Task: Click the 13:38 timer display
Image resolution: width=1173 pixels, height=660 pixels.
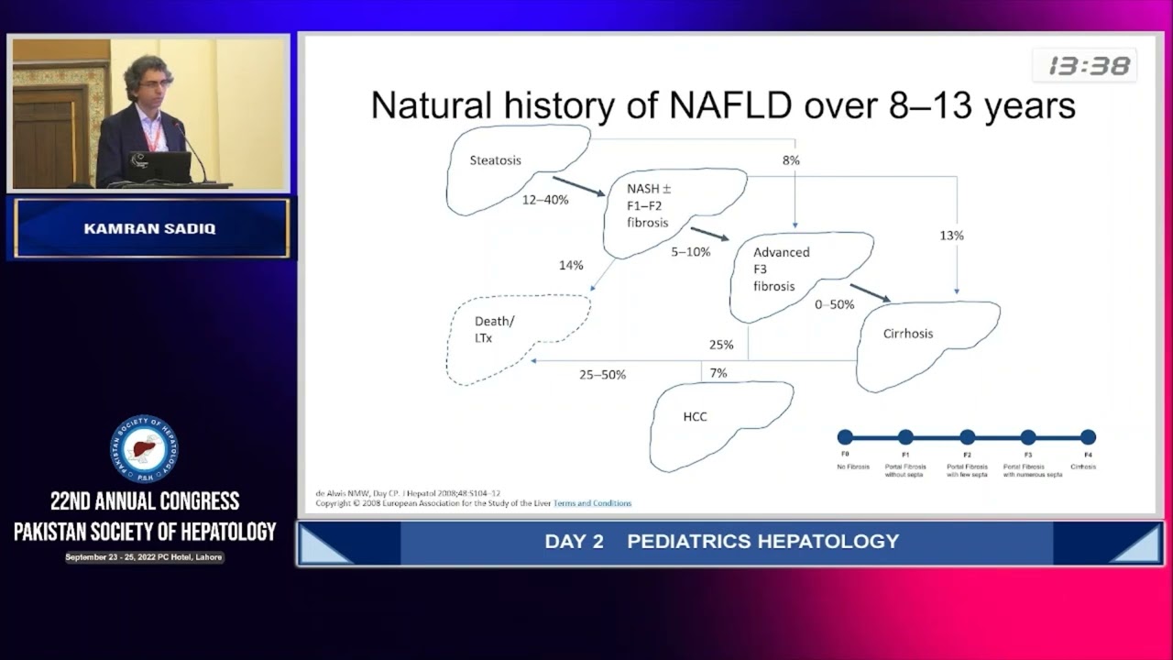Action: pyautogui.click(x=1089, y=66)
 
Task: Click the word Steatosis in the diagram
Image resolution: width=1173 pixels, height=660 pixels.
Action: pyautogui.click(x=495, y=160)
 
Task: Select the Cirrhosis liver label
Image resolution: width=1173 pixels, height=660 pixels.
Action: pyautogui.click(x=907, y=334)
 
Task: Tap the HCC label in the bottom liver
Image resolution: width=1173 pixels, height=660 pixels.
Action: pyautogui.click(x=695, y=416)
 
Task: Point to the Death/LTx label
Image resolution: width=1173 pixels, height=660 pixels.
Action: pyautogui.click(x=494, y=329)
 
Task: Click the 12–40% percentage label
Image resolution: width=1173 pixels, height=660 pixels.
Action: pyautogui.click(x=545, y=200)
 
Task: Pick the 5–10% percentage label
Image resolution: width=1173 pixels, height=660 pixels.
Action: pyautogui.click(x=690, y=251)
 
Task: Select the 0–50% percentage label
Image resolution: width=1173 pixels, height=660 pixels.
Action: pyautogui.click(x=834, y=304)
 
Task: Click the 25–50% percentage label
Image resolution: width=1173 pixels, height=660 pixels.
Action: pyautogui.click(x=602, y=375)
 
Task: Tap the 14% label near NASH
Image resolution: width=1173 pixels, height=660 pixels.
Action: pyautogui.click(x=571, y=266)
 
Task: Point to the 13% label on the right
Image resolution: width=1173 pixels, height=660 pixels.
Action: pyautogui.click(x=951, y=236)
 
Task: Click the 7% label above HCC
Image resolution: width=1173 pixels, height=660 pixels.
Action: pyautogui.click(x=718, y=373)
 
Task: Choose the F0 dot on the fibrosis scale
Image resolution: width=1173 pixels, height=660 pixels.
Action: pyautogui.click(x=845, y=437)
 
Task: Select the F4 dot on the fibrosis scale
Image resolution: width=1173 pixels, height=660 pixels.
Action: pyautogui.click(x=1088, y=437)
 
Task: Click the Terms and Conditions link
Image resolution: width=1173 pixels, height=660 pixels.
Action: pyautogui.click(x=592, y=503)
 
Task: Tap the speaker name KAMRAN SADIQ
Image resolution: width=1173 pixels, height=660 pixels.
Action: pyautogui.click(x=149, y=229)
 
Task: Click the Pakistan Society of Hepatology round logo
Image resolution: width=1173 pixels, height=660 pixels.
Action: pyautogui.click(x=145, y=450)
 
